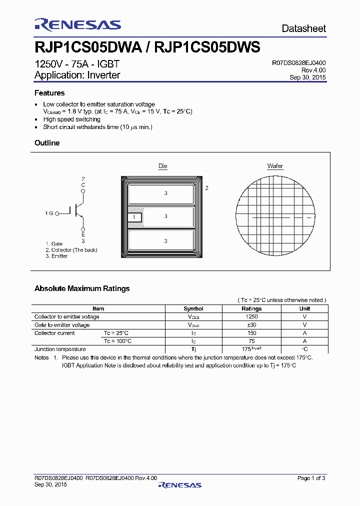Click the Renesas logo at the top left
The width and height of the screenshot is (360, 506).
click(x=77, y=25)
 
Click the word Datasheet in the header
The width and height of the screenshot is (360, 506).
click(x=303, y=28)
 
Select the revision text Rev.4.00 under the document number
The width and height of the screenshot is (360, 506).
click(x=313, y=70)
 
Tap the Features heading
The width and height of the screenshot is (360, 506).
click(x=49, y=93)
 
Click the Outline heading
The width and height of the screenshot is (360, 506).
click(x=47, y=143)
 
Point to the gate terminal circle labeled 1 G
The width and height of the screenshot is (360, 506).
click(x=57, y=213)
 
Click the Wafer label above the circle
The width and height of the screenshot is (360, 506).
click(x=275, y=166)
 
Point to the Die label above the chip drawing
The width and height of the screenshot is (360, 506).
click(x=163, y=166)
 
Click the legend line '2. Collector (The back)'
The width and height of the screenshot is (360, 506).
click(x=71, y=250)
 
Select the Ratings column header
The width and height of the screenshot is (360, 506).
click(x=251, y=308)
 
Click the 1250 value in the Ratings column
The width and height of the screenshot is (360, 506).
click(x=251, y=316)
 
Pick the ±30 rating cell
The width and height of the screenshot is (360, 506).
click(x=251, y=325)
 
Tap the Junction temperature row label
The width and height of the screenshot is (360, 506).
click(x=60, y=349)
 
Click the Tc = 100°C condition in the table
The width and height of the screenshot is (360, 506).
click(x=117, y=341)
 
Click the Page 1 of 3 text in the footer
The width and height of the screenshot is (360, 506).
click(x=311, y=478)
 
